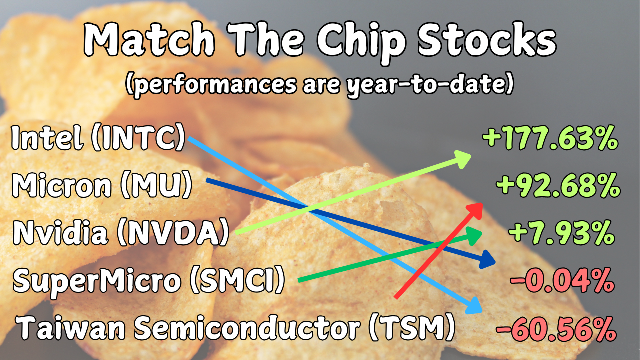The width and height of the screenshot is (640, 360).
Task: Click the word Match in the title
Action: coord(149,39)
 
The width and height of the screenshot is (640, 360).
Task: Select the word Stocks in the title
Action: coord(487,39)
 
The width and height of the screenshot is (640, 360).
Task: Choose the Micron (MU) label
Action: coord(101,185)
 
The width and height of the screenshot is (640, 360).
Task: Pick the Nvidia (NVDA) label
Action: coord(121,232)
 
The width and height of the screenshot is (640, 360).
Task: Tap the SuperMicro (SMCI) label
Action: coord(149,280)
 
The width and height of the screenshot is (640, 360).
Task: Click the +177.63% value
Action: coord(550,138)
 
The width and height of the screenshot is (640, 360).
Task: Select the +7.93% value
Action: coord(561,233)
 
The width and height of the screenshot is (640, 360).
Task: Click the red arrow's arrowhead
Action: coord(475,211)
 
